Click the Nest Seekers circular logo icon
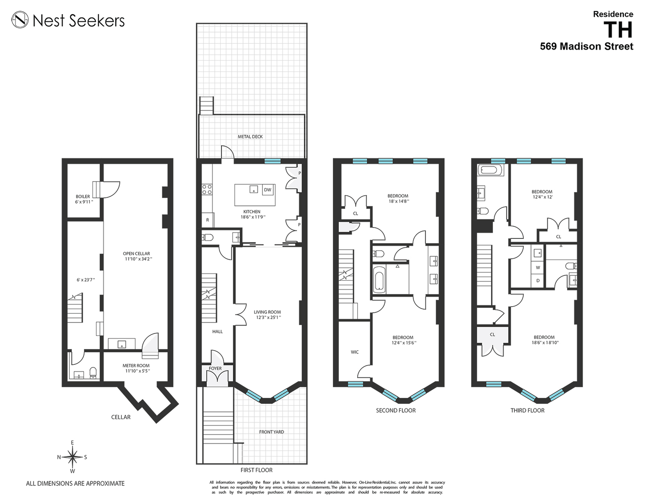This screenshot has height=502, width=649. [x=20, y=20]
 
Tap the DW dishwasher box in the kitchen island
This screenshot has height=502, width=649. [x=267, y=190]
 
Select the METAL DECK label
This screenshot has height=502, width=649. [x=250, y=137]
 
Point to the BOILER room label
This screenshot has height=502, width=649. [x=83, y=197]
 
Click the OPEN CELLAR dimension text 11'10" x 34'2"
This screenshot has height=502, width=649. [x=139, y=259]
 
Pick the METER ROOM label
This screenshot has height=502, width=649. [x=136, y=365]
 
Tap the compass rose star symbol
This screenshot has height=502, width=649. [x=73, y=457]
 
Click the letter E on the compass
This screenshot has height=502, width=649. [x=72, y=443]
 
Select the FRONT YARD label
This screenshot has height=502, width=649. [x=272, y=432]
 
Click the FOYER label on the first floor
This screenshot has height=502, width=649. [x=215, y=369]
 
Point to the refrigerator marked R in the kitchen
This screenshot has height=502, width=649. [x=208, y=220]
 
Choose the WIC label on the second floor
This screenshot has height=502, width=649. [x=354, y=352]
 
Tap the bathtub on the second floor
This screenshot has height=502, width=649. [x=379, y=279]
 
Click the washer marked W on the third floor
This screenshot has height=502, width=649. [x=538, y=268]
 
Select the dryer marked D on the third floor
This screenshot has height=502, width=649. [x=538, y=281]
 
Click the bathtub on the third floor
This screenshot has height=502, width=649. [x=489, y=170]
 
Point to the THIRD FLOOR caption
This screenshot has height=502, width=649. [x=527, y=410]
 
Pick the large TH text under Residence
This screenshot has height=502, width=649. [x=618, y=30]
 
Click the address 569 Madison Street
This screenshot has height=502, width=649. [x=587, y=46]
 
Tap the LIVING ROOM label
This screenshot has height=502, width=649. [x=267, y=312]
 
